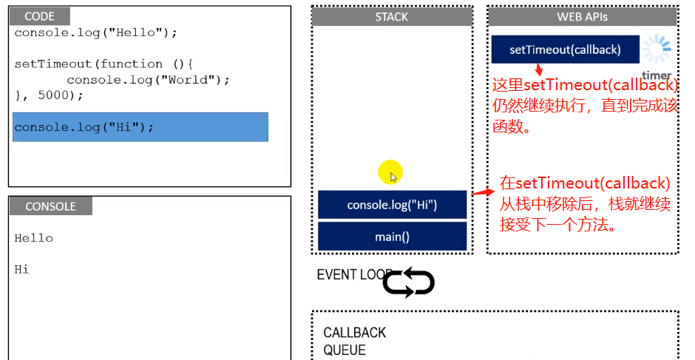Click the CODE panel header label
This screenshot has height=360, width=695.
click(41, 17)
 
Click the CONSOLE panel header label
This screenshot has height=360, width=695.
click(50, 206)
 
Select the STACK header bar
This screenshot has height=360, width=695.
click(392, 17)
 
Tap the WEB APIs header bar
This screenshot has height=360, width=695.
click(582, 17)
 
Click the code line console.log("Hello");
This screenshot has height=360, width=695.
click(96, 33)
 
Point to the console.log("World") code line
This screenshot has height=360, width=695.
click(148, 80)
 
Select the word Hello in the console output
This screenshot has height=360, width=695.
click(34, 238)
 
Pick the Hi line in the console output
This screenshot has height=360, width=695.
click(22, 270)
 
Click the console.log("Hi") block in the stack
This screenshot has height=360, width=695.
click(392, 205)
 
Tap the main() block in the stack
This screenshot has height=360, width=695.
click(392, 237)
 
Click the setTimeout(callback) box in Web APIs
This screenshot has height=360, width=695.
click(564, 50)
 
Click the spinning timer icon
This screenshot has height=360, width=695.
click(656, 50)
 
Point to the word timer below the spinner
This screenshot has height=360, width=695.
click(657, 75)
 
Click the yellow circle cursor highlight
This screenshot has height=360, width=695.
click(390, 173)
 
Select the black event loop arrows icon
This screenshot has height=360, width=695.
click(408, 282)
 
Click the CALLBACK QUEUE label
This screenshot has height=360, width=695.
click(355, 342)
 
